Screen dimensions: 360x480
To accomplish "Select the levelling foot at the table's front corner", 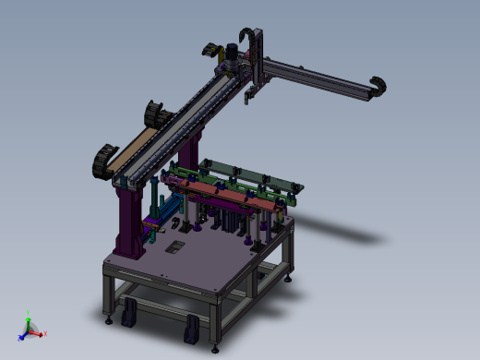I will [x=216, y=348].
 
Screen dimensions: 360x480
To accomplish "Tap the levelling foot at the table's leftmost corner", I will [x=110, y=320].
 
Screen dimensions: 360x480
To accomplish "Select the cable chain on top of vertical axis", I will [x=247, y=34].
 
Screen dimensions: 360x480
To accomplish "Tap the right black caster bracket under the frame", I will [x=192, y=327].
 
